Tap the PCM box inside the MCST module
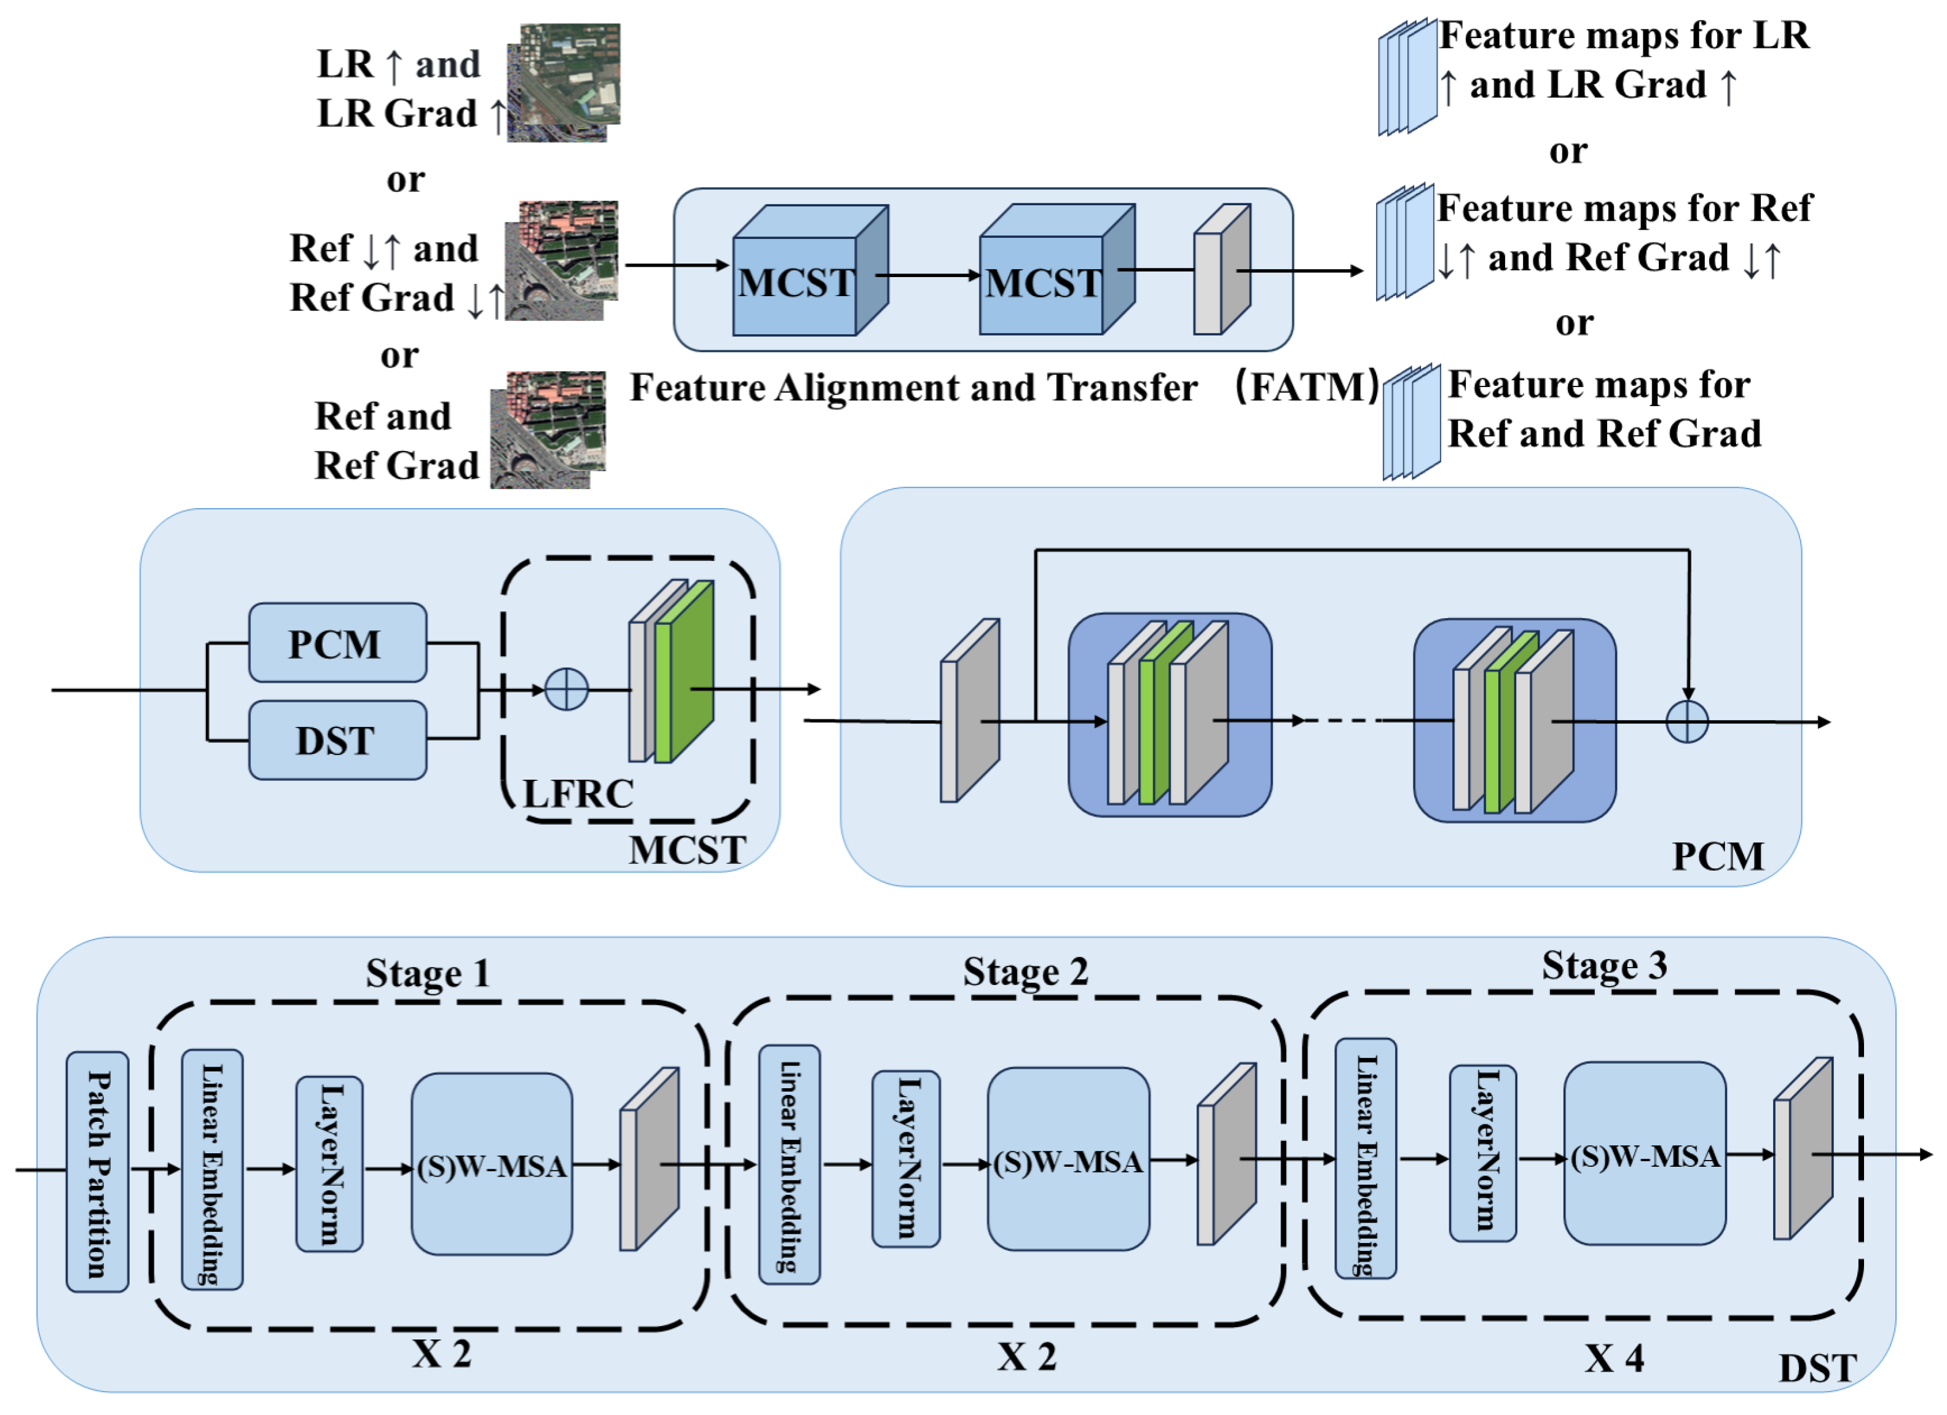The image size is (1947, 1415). click(337, 643)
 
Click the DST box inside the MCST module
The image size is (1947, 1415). click(337, 740)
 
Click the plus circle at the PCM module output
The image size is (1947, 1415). click(1687, 722)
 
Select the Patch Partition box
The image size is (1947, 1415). click(98, 1172)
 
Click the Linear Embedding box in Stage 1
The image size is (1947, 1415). click(212, 1170)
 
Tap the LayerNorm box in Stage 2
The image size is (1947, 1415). click(906, 1159)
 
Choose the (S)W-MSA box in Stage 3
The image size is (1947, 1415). click(1645, 1154)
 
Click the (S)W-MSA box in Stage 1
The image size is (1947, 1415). click(492, 1164)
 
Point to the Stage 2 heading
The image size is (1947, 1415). click(1025, 972)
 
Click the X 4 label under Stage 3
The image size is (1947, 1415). click(1613, 1358)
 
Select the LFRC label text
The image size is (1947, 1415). click(578, 794)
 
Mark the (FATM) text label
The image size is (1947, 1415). click(1307, 387)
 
